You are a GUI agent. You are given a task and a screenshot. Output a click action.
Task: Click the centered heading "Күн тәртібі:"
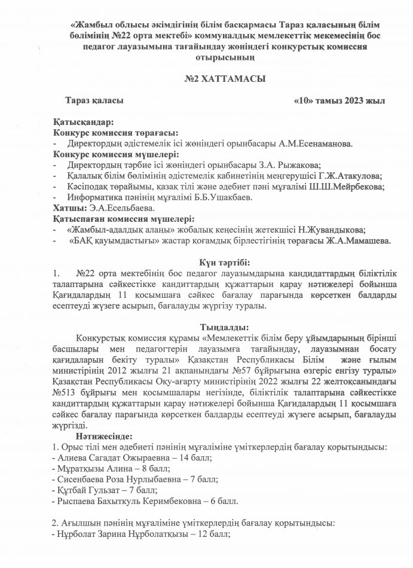pos(224,261)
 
